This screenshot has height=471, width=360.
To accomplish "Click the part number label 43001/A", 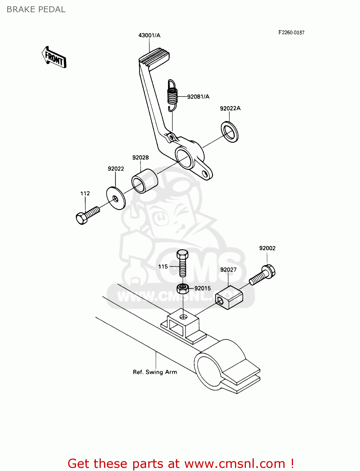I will (149, 35).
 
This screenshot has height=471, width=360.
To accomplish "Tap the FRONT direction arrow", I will (54, 57).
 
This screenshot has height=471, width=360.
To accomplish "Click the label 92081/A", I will (198, 97).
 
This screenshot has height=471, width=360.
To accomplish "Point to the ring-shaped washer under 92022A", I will (230, 132).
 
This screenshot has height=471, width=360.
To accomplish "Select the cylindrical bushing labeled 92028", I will (144, 181).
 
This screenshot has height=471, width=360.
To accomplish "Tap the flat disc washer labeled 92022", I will (116, 198).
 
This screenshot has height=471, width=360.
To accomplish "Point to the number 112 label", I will (85, 193).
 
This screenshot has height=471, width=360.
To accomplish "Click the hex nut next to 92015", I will (183, 288).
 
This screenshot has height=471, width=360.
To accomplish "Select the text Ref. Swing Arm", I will (155, 372).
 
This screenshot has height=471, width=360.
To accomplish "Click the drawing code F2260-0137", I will (291, 32).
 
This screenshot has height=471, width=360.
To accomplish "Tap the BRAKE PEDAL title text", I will (36, 9).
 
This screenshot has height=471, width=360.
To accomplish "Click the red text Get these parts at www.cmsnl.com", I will (181, 463).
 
